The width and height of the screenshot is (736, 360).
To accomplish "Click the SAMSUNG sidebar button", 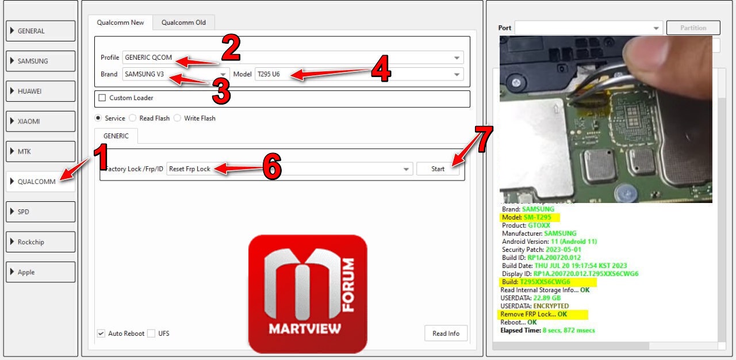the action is [40, 61].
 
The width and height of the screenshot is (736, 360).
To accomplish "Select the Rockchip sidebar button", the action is [40, 242].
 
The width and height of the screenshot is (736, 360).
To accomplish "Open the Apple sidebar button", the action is [40, 272].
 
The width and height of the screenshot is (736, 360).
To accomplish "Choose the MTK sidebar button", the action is [40, 151].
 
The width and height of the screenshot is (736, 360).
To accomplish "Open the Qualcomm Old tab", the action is [183, 22].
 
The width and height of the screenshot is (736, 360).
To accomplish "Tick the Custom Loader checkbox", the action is [102, 98].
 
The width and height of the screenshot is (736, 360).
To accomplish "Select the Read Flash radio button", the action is [133, 118].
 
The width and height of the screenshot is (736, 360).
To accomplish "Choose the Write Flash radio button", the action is [178, 118].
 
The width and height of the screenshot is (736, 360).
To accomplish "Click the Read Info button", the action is [446, 334].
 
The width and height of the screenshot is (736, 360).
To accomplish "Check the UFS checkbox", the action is [151, 334].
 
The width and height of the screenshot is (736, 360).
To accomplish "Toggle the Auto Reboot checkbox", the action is [101, 334].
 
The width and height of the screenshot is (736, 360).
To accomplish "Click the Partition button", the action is [693, 28].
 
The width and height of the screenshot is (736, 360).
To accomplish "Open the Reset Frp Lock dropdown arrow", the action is [406, 169].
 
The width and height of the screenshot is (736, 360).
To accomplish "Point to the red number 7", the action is [484, 139].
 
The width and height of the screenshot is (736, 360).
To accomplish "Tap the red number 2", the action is [231, 48].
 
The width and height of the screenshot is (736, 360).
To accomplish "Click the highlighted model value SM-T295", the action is [537, 217].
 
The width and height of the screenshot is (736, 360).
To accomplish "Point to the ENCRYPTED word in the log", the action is [551, 306].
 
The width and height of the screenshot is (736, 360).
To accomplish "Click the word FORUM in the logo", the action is [348, 285].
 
